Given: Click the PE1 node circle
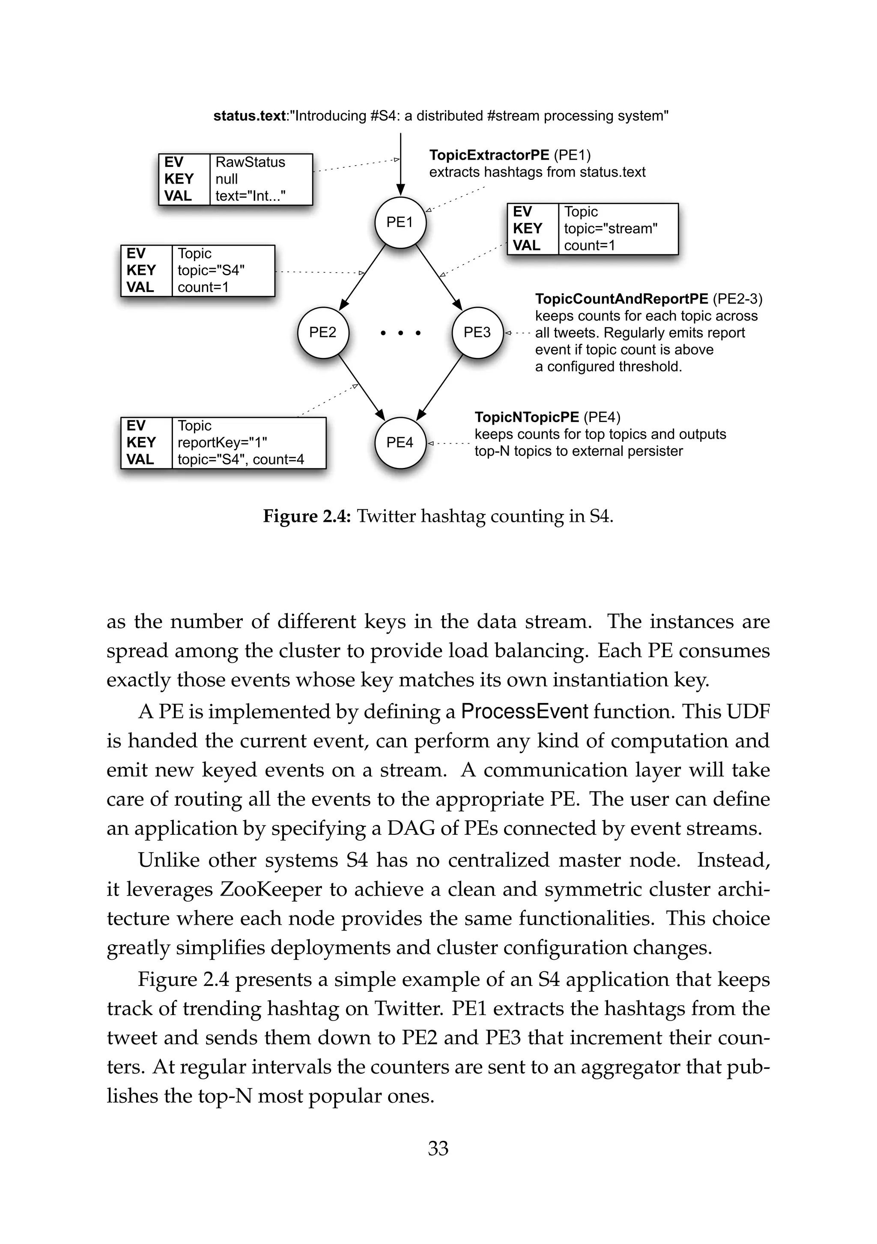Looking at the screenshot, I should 400,222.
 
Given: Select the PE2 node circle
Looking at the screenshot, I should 323,332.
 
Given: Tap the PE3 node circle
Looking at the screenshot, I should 477,332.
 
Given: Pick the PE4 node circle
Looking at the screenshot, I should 400,443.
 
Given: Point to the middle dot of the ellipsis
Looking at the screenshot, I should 400,333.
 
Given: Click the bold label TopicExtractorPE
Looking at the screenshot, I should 489,155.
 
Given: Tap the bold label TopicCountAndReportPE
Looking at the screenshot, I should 621,299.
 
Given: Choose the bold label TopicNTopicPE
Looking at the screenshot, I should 527,417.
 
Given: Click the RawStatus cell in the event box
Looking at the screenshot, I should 250,162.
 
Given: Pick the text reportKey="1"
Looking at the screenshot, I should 222,443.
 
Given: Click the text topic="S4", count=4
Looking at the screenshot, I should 241,459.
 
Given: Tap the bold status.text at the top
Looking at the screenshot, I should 249,116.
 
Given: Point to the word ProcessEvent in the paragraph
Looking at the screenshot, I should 524,711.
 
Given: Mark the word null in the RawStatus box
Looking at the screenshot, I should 227,179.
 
